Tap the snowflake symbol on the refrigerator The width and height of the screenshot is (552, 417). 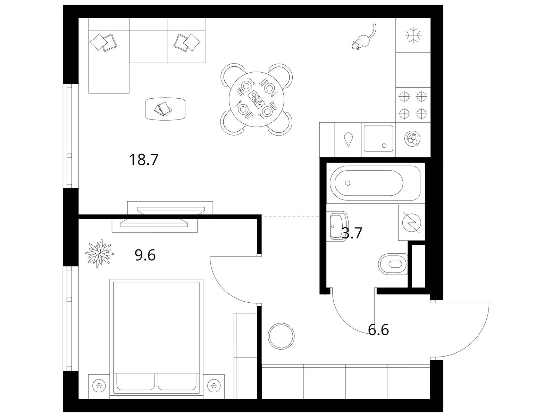pyautogui.click(x=413, y=35)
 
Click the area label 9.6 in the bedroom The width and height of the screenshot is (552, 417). pyautogui.click(x=145, y=255)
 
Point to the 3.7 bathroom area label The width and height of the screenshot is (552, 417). pyautogui.click(x=352, y=233)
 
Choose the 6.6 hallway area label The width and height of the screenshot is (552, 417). pyautogui.click(x=378, y=330)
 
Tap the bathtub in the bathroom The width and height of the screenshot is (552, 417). pyautogui.click(x=376, y=183)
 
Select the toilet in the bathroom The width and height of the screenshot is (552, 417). pyautogui.click(x=393, y=264)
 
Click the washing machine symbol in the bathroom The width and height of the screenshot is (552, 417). pyautogui.click(x=412, y=222)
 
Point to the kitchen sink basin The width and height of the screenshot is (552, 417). pyautogui.click(x=378, y=138)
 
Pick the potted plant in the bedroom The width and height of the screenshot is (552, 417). pyautogui.click(x=99, y=253)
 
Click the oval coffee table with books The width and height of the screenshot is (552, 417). pyautogui.click(x=166, y=109)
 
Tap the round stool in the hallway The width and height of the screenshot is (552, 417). pyautogui.click(x=281, y=336)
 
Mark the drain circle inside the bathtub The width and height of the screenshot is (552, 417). pyautogui.click(x=348, y=183)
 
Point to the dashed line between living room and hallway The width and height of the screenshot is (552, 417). pyautogui.click(x=291, y=216)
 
